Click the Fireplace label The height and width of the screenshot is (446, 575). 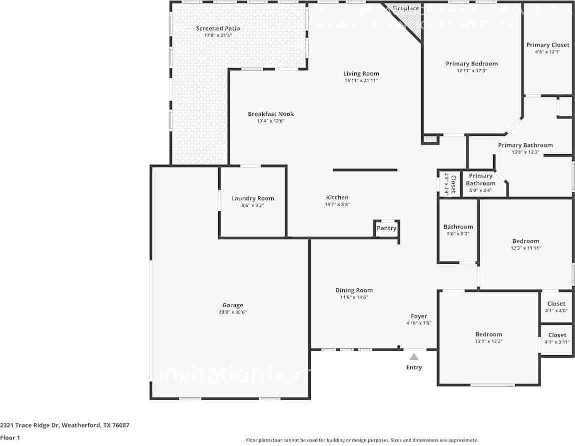click(406, 8)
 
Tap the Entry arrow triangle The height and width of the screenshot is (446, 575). click(414, 357)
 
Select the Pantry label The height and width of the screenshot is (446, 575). click(386, 228)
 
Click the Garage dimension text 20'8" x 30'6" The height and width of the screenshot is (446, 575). click(233, 312)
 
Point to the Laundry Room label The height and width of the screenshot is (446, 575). click(253, 198)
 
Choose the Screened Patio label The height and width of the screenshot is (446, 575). click(218, 28)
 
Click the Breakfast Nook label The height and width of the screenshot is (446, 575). click(271, 114)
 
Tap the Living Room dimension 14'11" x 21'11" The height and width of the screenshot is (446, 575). click(361, 80)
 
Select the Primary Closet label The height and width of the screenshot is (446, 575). click(548, 45)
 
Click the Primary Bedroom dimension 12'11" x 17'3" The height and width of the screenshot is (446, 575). click(472, 71)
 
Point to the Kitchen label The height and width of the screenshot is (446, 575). click(337, 197)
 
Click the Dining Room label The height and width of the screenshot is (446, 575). click(354, 290)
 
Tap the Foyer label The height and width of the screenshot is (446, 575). click(419, 316)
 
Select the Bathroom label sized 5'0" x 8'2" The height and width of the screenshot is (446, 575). click(458, 227)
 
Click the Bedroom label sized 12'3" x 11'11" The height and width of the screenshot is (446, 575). click(526, 241)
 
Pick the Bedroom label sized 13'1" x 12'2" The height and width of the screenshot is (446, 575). click(489, 334)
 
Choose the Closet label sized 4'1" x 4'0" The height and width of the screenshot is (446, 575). click(556, 304)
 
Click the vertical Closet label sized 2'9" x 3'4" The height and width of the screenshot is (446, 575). click(453, 183)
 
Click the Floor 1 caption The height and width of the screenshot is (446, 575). click(10, 438)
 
